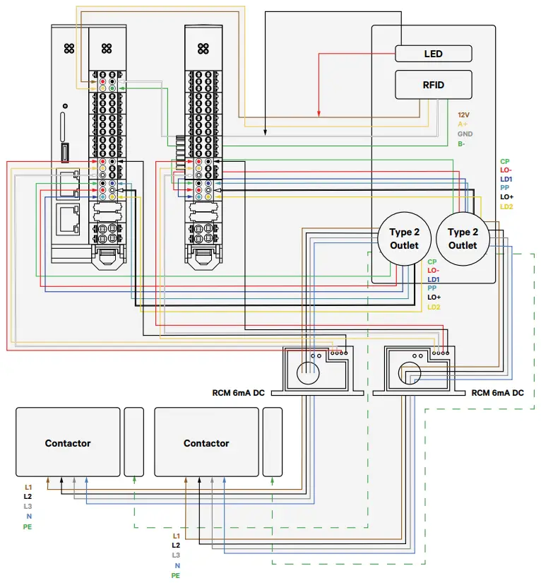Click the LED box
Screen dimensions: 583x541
[x=433, y=54]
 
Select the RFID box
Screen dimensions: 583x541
[x=433, y=85]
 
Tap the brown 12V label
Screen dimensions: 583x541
[x=464, y=114]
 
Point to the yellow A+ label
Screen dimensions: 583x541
[x=463, y=124]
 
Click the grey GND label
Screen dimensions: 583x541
[x=465, y=134]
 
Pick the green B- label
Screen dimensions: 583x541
[x=461, y=144]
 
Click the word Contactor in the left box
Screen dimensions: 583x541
[x=68, y=443]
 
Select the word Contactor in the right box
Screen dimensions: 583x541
[x=206, y=443]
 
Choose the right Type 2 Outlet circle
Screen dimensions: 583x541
[x=463, y=239]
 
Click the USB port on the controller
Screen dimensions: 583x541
[x=66, y=152]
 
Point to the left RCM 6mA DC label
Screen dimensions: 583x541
[x=238, y=393]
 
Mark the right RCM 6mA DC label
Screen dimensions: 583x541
[x=498, y=393]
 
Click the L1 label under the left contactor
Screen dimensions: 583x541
[x=28, y=488]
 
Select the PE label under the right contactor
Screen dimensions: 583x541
[x=175, y=576]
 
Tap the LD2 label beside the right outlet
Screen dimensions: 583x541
[x=506, y=207]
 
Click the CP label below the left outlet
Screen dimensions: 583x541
[x=432, y=261]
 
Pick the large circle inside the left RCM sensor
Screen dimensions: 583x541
[x=308, y=372]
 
